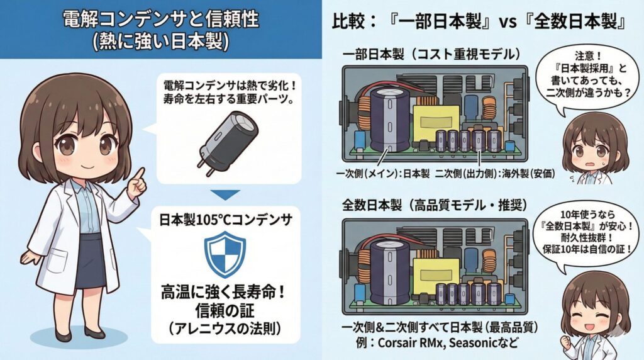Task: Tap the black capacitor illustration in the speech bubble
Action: (x=225, y=137)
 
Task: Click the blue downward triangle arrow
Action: (x=225, y=195)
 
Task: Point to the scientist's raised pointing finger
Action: (x=140, y=173)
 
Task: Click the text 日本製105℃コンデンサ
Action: (x=225, y=221)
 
